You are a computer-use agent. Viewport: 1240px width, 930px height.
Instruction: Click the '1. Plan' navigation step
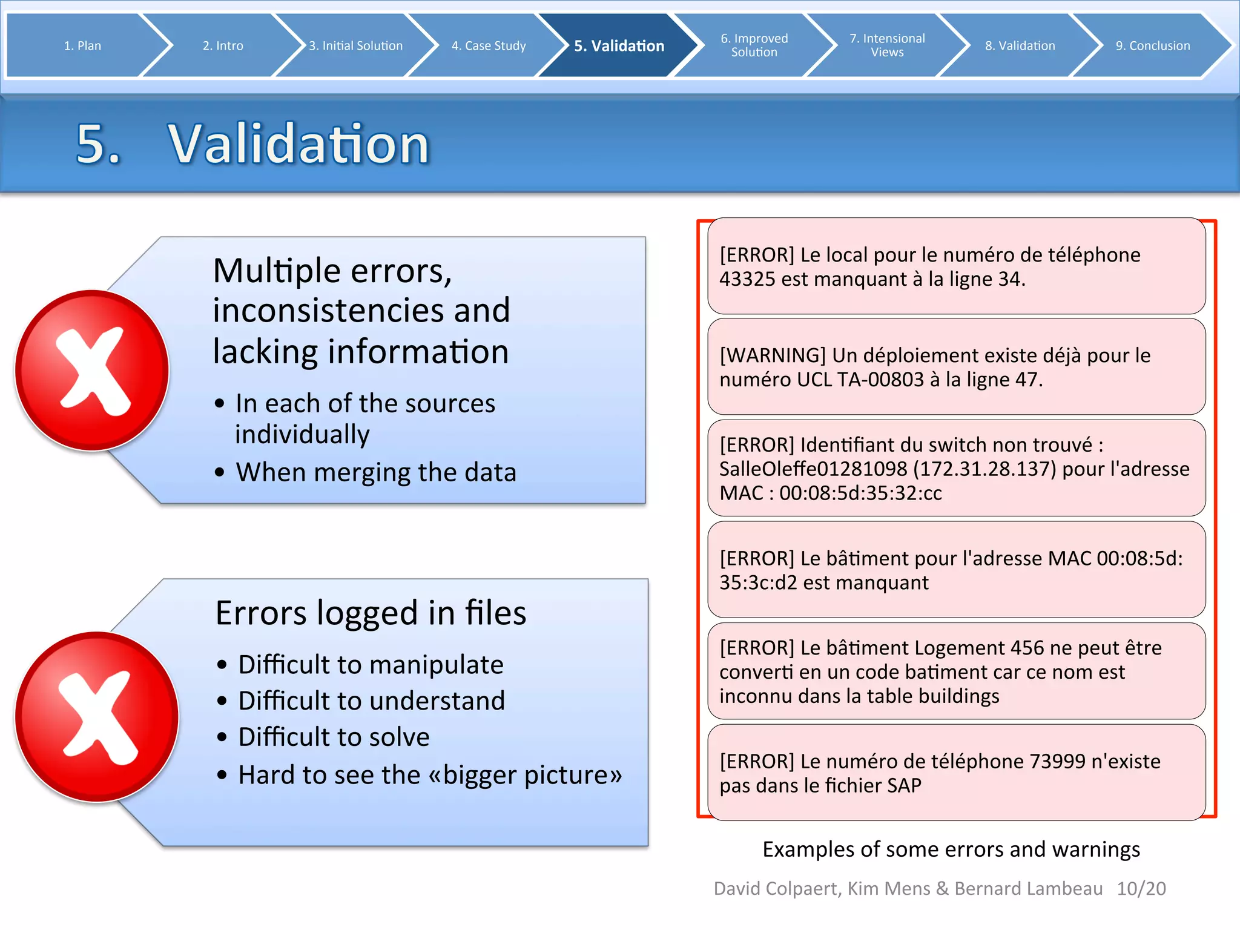point(82,45)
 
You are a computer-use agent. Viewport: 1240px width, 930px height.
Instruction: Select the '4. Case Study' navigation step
point(488,45)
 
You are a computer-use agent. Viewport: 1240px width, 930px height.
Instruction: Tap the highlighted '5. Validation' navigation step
point(619,45)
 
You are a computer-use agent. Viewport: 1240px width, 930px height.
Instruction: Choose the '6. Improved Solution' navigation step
point(754,45)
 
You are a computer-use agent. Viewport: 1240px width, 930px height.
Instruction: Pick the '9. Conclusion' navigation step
point(1152,45)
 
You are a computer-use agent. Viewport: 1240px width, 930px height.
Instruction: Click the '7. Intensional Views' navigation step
point(887,45)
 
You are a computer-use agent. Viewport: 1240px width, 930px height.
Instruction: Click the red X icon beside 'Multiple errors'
point(92,371)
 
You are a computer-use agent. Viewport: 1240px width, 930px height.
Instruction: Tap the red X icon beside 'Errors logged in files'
point(97,716)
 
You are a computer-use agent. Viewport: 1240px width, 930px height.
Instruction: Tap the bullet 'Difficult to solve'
point(334,737)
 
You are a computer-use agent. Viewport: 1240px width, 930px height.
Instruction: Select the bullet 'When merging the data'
point(375,472)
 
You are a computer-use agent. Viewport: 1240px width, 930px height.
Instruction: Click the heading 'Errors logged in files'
point(371,613)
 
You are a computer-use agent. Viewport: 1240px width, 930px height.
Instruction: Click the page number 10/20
point(1141,888)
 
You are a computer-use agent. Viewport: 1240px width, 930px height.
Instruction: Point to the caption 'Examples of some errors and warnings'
point(951,849)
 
